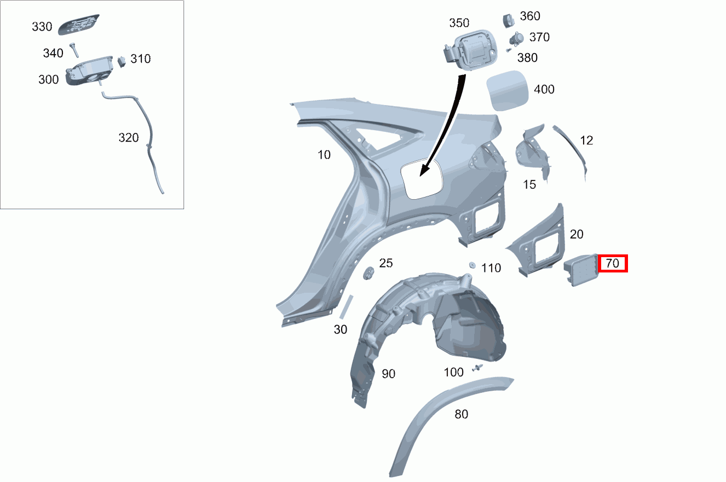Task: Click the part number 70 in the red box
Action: pos(612,263)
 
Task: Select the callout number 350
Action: pos(459,23)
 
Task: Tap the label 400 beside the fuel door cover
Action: pos(544,89)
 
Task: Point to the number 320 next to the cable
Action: pos(128,138)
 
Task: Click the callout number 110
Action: pos(491,268)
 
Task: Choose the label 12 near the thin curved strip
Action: pos(586,141)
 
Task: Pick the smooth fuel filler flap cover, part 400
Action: pos(507,91)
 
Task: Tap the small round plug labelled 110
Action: pos(472,265)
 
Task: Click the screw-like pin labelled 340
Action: pos(74,50)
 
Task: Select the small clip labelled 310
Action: pos(121,61)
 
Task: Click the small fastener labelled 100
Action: pos(477,368)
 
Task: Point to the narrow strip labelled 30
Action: pos(346,307)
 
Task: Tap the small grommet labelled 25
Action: pos(368,273)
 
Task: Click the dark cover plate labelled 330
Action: pos(78,25)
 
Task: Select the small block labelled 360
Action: pos(508,21)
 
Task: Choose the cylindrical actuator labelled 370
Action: pos(516,39)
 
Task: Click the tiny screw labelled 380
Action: pos(509,50)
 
